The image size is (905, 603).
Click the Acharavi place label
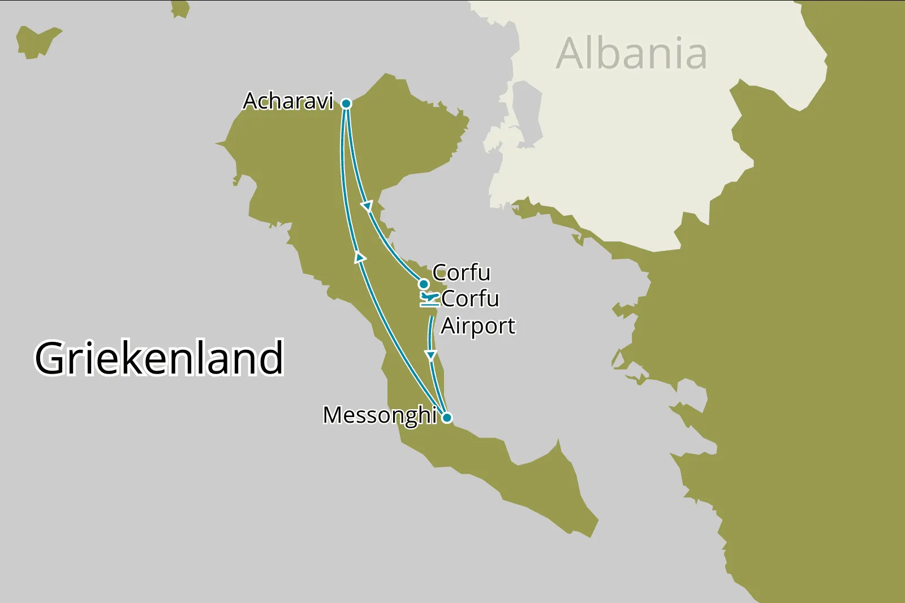(x=288, y=101)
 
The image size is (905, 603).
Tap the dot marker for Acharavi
(x=346, y=103)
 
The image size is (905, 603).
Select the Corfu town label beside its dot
(x=462, y=272)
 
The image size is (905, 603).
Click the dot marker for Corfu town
(x=423, y=284)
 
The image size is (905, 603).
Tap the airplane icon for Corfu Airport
(x=429, y=298)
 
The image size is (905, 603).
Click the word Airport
(x=478, y=326)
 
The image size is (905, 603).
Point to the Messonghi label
(x=380, y=415)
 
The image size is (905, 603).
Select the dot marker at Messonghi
(x=447, y=418)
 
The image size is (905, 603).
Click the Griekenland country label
(x=159, y=358)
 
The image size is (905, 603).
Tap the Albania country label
(x=631, y=54)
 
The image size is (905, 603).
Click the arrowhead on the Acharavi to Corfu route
(x=367, y=206)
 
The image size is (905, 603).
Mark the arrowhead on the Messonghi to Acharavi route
(x=359, y=257)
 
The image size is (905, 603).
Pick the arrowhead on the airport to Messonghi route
(x=431, y=355)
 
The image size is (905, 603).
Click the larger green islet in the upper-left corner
(x=36, y=41)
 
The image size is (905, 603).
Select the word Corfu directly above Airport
(x=470, y=298)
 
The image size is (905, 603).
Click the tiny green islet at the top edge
(x=180, y=8)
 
